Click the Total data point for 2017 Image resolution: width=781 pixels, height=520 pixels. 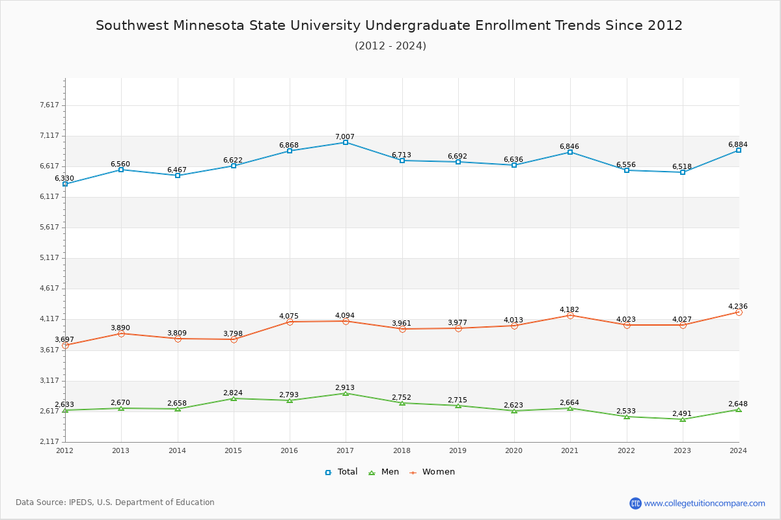(346, 142)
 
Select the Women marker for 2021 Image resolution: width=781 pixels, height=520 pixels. (570, 315)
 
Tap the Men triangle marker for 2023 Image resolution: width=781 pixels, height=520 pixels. (683, 419)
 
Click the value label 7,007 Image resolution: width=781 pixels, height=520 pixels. (345, 136)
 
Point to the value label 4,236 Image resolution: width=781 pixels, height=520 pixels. (738, 306)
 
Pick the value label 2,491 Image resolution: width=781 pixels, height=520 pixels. (682, 413)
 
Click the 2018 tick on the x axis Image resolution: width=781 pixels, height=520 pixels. (402, 450)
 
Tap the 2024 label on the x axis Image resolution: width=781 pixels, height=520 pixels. (738, 450)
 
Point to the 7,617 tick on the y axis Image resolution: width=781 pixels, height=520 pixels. (49, 105)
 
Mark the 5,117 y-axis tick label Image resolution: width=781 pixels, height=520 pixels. (49, 257)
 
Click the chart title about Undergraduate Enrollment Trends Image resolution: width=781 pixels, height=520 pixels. (389, 25)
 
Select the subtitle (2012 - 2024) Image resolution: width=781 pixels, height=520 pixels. (390, 45)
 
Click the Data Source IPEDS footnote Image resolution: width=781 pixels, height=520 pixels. (115, 502)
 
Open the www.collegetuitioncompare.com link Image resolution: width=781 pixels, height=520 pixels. (704, 503)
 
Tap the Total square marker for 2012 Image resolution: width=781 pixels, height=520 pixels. (65, 184)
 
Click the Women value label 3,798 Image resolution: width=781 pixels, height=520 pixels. (233, 333)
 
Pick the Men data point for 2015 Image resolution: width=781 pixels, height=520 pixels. (234, 398)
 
